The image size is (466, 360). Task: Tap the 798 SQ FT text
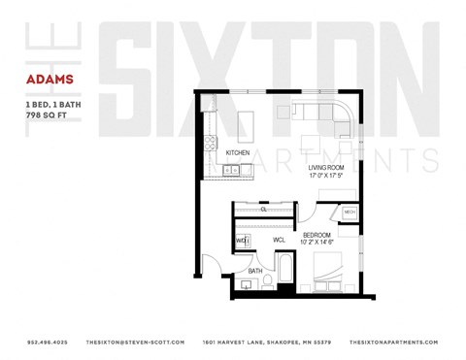point(50,115)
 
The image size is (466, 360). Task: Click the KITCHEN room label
point(239,153)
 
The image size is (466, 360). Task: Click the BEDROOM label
point(316,235)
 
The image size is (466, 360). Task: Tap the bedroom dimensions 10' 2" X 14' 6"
point(316,243)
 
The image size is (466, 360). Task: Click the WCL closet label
point(278,239)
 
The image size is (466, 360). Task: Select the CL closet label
point(263,209)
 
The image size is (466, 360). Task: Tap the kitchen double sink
point(232,171)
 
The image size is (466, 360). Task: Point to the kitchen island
point(247,123)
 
